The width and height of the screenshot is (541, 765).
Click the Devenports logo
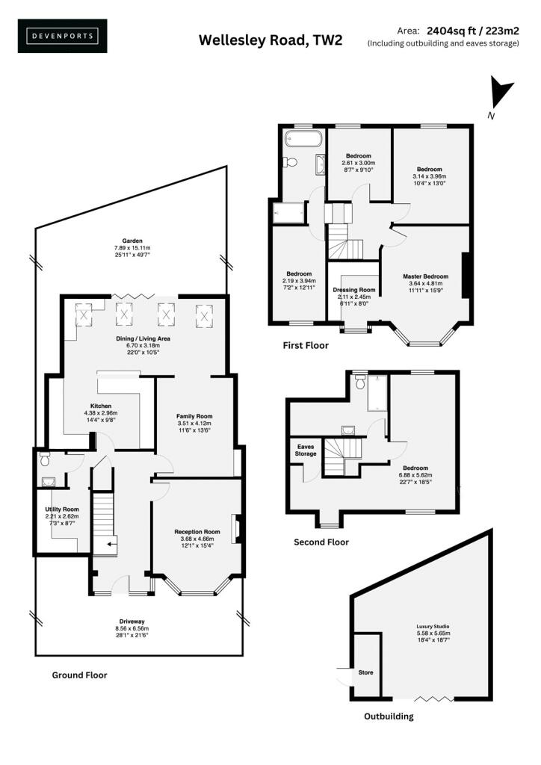pos(63,36)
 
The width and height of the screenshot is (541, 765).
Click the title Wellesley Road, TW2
pos(270,40)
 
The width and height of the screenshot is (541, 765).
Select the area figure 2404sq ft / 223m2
pos(473,31)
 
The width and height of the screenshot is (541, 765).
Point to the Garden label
pos(132,241)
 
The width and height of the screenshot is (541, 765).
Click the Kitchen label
pos(101,406)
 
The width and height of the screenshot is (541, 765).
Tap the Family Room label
pos(194,416)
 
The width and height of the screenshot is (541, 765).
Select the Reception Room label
pos(197,532)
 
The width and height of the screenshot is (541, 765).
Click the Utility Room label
pos(62,510)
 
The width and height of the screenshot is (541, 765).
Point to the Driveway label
pos(132,622)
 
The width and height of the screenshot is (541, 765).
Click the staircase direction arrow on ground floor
pos(112,542)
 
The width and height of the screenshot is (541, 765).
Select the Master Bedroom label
pos(425,276)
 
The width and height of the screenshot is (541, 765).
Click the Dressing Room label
pos(354,290)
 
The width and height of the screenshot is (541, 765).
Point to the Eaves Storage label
pos(306,450)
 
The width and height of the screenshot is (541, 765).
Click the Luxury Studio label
pos(433,627)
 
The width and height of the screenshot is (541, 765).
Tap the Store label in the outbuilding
pos(366,672)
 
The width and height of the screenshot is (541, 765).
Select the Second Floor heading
pos(321,542)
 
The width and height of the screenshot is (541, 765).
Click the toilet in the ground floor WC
pos(44,459)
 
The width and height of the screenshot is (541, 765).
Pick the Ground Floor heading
pos(79,675)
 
